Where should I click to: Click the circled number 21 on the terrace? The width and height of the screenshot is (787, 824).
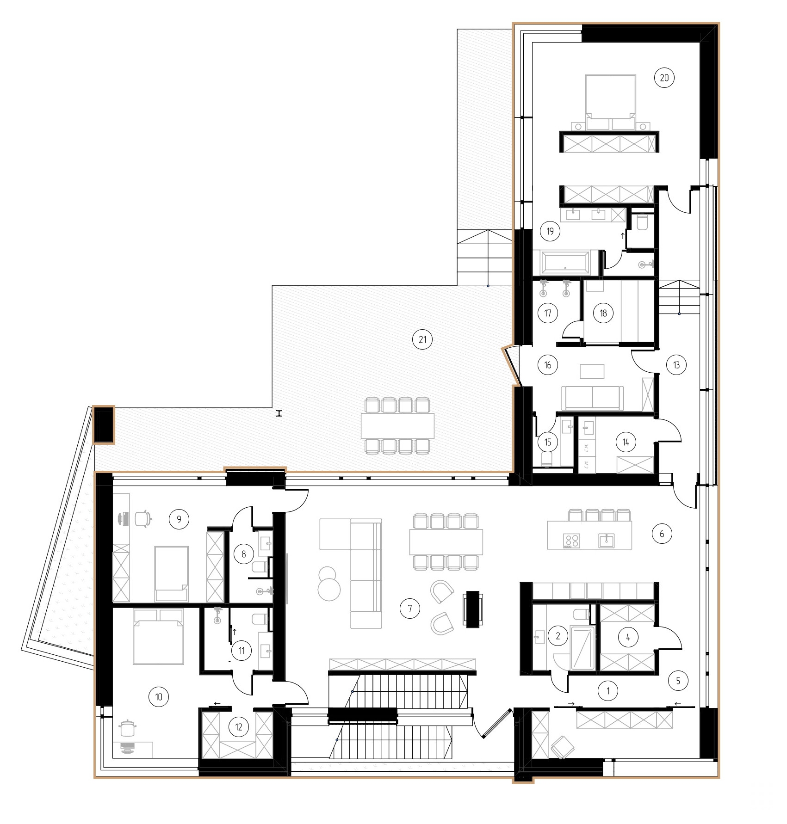422,340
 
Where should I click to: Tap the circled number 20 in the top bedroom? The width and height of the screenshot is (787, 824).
664,78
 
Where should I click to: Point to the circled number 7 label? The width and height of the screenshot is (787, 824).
410,609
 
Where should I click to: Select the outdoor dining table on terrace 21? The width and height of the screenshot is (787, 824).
398,426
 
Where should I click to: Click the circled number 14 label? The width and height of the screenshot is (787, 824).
626,443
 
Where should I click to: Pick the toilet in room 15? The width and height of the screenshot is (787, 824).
547,459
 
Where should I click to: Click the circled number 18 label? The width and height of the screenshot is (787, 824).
603,313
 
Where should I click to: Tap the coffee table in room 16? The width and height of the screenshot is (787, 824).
592,371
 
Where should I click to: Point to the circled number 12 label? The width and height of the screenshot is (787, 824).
238,727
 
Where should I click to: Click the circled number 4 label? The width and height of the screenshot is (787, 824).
627,637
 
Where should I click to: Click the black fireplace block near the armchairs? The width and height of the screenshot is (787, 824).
474,609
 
